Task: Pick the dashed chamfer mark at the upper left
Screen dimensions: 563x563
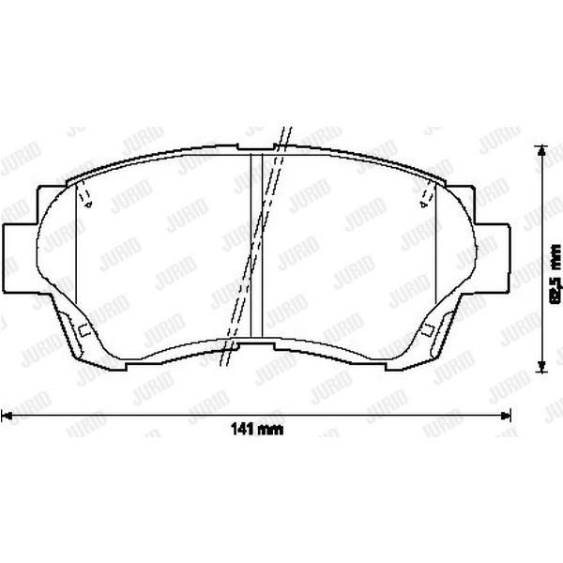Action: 84,196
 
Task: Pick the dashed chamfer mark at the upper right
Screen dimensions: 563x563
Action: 429,196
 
